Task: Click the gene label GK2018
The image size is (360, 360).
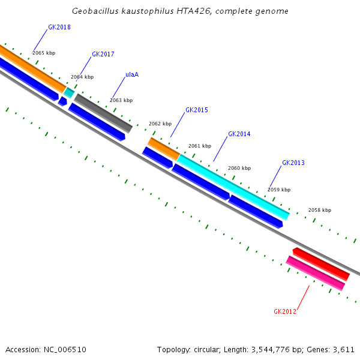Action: click(59, 27)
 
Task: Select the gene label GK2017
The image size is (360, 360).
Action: click(103, 54)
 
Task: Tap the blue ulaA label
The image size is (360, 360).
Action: click(132, 75)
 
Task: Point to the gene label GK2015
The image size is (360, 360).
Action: click(197, 110)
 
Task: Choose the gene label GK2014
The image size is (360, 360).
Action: click(239, 134)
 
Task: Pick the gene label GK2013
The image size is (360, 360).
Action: click(293, 163)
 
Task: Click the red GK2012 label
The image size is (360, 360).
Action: click(285, 311)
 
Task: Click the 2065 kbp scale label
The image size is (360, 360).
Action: click(44, 53)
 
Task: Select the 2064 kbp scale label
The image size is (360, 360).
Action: click(82, 77)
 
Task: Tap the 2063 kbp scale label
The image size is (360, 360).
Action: click(121, 100)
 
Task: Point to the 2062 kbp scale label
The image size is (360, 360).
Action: click(160, 124)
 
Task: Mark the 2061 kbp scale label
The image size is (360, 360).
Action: click(200, 146)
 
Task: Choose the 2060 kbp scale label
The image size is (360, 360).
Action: click(239, 168)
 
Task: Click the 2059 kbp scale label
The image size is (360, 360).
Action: click(279, 190)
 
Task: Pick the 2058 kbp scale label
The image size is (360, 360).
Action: click(320, 210)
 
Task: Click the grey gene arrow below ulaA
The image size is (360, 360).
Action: click(103, 112)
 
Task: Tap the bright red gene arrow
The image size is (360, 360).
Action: click(321, 264)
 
